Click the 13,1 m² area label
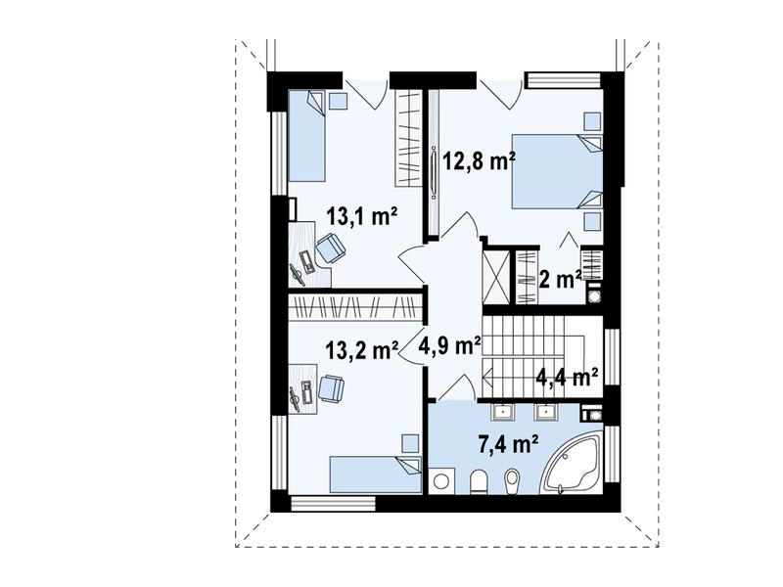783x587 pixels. [362, 216]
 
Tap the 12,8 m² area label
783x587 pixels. [479, 161]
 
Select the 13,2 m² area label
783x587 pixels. [362, 349]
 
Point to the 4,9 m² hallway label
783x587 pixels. [450, 344]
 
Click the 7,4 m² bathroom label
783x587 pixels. [508, 444]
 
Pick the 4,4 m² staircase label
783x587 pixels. [568, 376]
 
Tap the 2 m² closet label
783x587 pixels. [560, 280]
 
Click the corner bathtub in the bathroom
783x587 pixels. [573, 464]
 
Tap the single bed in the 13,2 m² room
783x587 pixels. [375, 474]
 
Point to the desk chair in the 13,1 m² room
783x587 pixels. [329, 248]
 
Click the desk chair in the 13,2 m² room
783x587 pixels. [331, 388]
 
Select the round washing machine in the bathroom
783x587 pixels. [441, 481]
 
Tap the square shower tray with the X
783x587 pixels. [496, 277]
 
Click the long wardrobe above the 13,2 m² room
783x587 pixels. [355, 306]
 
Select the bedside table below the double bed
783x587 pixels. [592, 221]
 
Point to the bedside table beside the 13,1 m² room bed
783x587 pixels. [339, 100]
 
